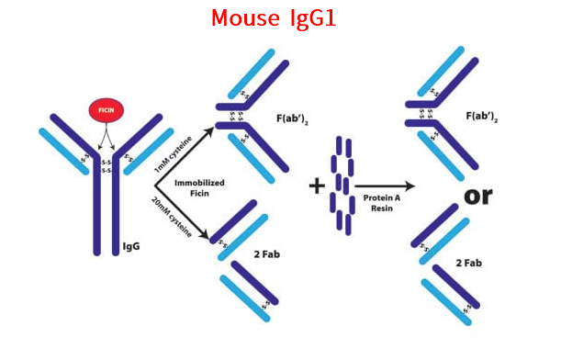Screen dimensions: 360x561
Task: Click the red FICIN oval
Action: [106, 112]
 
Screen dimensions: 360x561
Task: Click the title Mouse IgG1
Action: [273, 17]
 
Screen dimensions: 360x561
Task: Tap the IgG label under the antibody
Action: [131, 247]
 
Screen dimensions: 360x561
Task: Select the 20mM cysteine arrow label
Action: [173, 217]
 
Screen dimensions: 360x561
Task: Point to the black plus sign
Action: [318, 186]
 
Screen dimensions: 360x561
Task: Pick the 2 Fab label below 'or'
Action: [471, 264]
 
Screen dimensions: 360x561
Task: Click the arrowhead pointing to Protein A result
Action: [410, 186]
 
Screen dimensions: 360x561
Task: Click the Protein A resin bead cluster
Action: [343, 184]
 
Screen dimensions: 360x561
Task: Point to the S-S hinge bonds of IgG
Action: [106, 166]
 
